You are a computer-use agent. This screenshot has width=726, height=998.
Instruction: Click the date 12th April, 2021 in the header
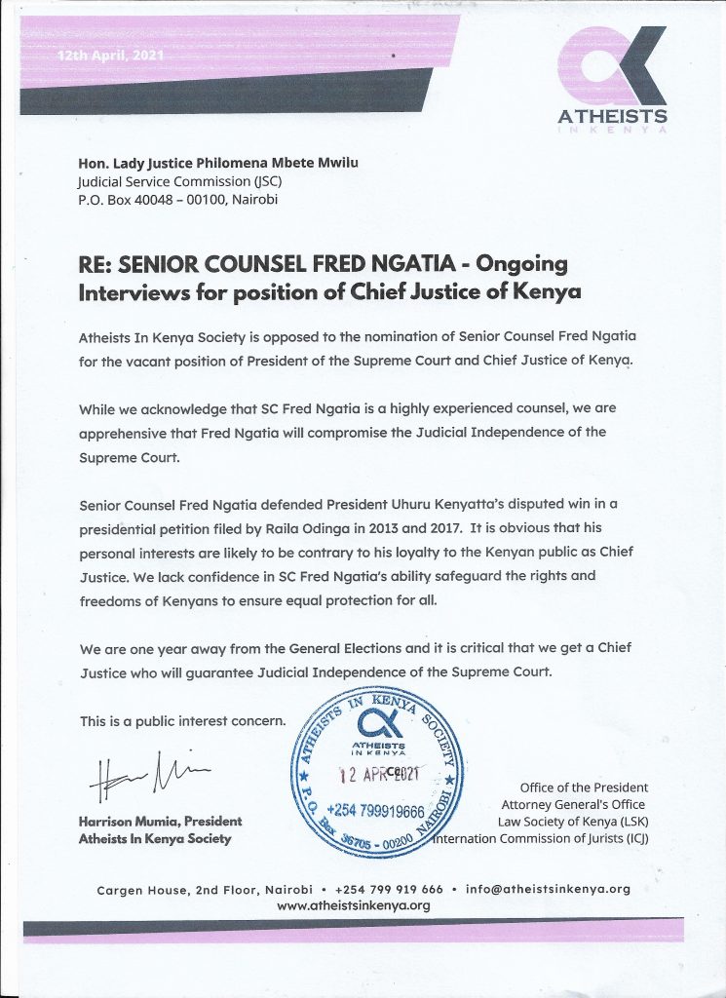110,57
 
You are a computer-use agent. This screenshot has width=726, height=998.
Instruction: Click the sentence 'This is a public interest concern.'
182,721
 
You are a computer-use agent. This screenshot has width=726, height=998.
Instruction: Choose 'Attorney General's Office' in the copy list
574,804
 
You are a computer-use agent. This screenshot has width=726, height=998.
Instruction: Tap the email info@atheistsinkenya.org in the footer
549,889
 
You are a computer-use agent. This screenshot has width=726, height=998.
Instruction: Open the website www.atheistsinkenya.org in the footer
354,905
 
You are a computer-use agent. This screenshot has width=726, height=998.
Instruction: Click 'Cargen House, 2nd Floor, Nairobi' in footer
206,889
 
